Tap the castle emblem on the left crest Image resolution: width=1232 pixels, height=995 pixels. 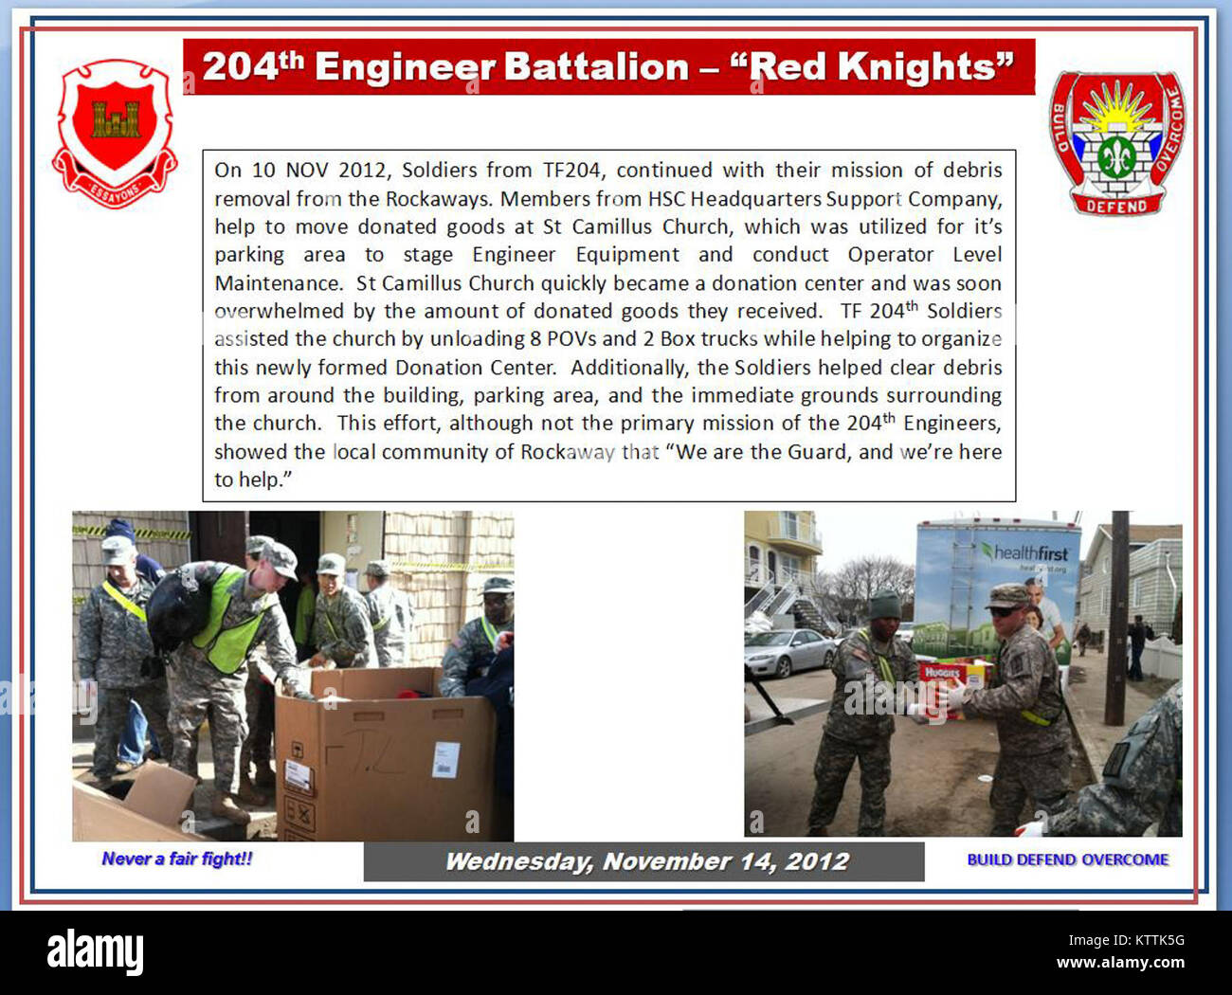(116, 119)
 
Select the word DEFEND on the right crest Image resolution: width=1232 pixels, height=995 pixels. (1116, 206)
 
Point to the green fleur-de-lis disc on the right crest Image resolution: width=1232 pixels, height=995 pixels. (1115, 156)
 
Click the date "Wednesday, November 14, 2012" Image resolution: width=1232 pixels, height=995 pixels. (646, 862)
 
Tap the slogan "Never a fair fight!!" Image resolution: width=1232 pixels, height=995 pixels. (177, 859)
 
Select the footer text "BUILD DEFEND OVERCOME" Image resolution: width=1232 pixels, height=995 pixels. (1068, 859)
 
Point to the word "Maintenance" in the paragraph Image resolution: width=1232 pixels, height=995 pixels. (277, 284)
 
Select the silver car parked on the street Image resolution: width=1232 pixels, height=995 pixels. (789, 652)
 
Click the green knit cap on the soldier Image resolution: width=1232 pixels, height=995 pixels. (884, 606)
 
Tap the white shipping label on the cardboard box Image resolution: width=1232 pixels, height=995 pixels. (446, 760)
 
